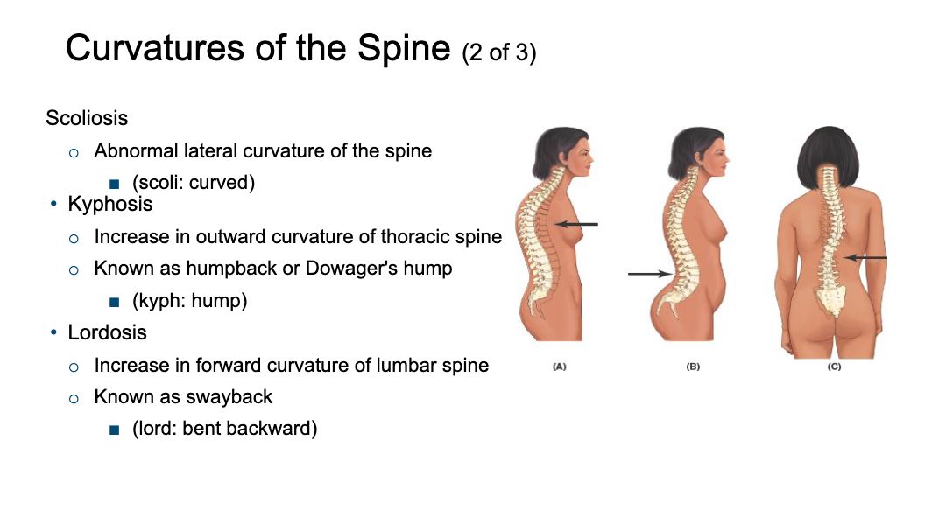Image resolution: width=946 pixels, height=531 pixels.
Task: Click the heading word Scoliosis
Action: [x=87, y=117]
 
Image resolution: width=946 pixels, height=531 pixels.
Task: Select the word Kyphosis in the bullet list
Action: [x=109, y=205]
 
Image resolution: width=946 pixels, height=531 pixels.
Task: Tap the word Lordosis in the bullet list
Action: [x=108, y=332]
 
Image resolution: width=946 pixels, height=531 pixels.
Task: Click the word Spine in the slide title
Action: [x=404, y=48]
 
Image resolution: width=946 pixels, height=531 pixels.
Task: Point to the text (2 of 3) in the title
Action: [x=499, y=52]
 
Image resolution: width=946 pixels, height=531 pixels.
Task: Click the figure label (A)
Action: [x=559, y=367]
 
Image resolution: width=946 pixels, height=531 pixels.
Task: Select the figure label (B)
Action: [x=693, y=367]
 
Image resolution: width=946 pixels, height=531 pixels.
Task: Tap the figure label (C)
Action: [x=835, y=367]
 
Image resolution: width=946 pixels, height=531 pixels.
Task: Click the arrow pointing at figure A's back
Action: [x=576, y=224]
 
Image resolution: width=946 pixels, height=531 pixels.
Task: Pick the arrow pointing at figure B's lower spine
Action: [x=650, y=274]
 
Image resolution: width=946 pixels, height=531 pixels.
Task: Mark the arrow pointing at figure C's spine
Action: [x=865, y=258]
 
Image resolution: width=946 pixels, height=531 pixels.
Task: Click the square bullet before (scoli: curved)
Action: [x=115, y=184]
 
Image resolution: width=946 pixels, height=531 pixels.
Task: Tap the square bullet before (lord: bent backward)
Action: [x=115, y=430]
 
